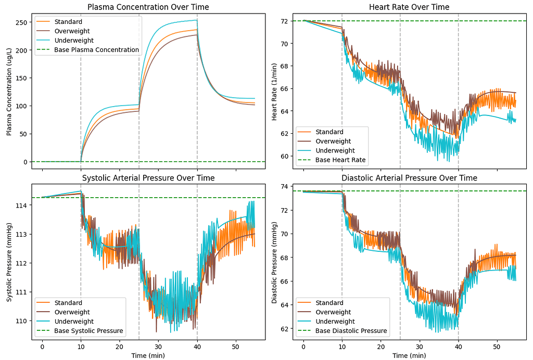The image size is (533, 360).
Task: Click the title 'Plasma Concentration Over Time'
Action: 148,7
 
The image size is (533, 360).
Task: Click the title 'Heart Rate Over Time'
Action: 409,7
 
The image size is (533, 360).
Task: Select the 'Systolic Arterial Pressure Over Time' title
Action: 148,178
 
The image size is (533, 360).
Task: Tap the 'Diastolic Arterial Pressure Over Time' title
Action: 409,178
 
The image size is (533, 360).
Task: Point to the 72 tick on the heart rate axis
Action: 285,21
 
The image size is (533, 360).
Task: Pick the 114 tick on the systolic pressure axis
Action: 21,205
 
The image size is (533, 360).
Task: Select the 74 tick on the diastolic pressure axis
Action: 285,187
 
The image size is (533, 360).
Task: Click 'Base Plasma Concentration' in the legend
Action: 96,50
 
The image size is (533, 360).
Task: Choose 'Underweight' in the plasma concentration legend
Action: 74,41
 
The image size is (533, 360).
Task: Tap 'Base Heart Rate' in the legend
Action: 340,160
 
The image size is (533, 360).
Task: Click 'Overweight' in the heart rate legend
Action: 333,141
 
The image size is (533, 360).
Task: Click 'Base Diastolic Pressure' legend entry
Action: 351,331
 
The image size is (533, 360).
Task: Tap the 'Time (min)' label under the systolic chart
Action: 148,355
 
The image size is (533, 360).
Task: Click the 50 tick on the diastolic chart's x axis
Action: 497,346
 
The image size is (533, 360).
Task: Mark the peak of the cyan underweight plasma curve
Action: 196,20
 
